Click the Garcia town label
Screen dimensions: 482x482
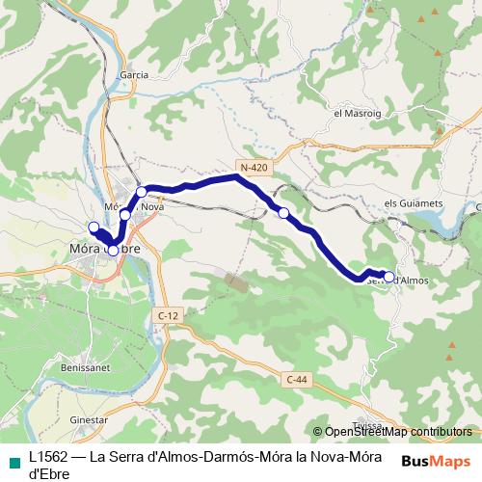click(x=133, y=74)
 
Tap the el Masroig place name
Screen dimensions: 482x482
click(x=352, y=114)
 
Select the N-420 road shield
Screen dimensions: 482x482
click(x=254, y=168)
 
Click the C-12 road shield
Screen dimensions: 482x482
click(x=168, y=315)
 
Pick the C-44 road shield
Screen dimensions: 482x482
click(x=299, y=380)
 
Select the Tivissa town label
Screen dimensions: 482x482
click(x=368, y=425)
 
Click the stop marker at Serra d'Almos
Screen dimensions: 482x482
click(x=388, y=277)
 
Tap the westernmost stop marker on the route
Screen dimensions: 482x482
click(x=94, y=228)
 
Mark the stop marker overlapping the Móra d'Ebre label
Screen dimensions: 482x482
click(x=113, y=251)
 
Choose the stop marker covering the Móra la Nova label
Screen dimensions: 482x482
click(x=125, y=214)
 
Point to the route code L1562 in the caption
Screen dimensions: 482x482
click(x=48, y=459)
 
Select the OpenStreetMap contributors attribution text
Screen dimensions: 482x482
click(x=398, y=432)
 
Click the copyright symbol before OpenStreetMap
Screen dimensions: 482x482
click(x=318, y=432)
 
